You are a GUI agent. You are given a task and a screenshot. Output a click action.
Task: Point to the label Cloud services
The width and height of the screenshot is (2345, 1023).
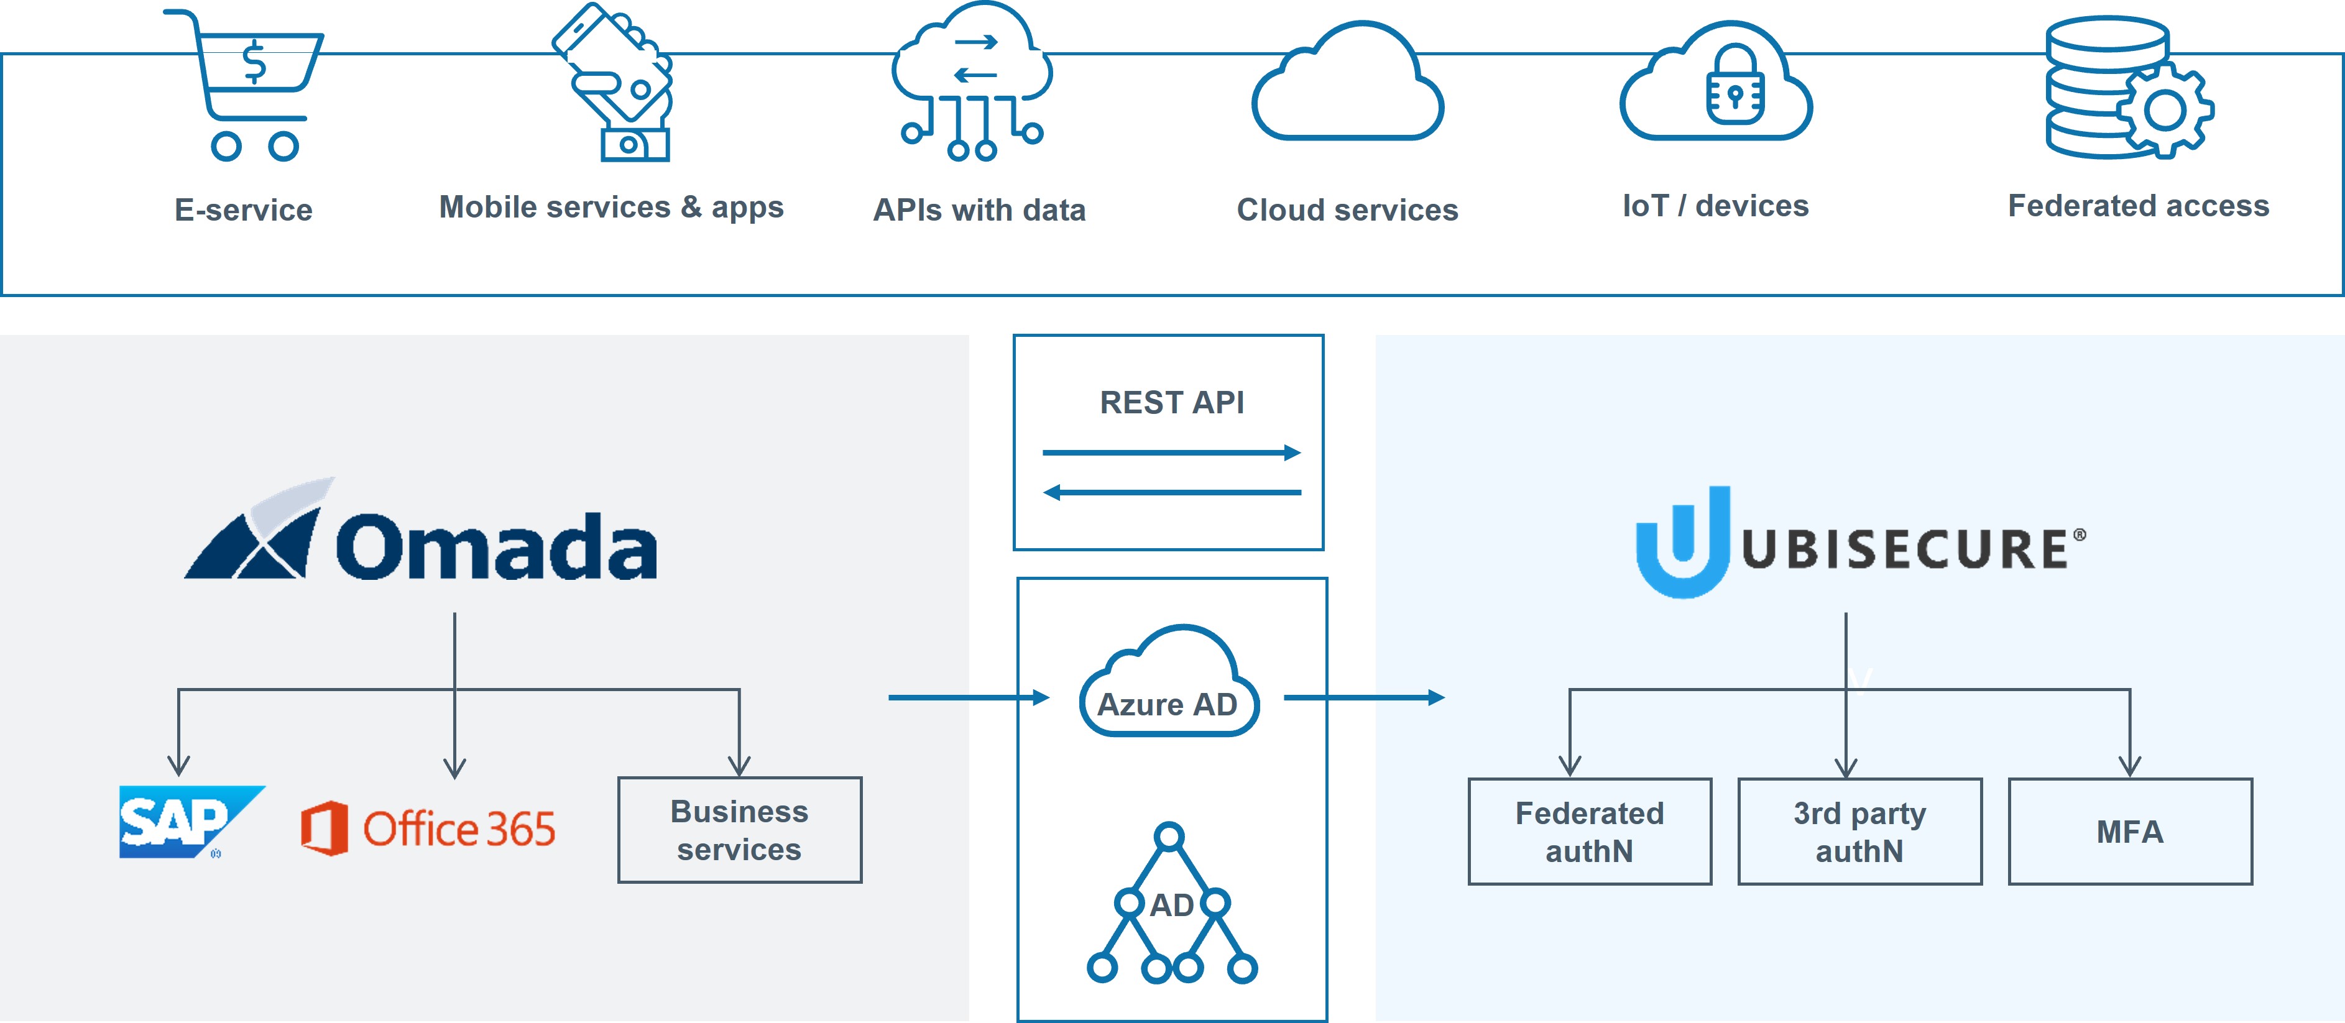point(1347,210)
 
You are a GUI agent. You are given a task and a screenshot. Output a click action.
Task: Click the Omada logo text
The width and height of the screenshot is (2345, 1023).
point(496,547)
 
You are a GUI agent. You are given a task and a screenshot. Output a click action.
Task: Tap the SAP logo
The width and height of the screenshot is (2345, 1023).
point(187,821)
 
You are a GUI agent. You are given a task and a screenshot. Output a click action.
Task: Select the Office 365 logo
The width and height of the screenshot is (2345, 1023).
point(428,828)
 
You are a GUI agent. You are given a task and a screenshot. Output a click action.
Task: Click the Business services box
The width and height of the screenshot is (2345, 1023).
point(739,830)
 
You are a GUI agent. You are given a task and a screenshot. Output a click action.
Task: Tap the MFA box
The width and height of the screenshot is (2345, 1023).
point(2129,831)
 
